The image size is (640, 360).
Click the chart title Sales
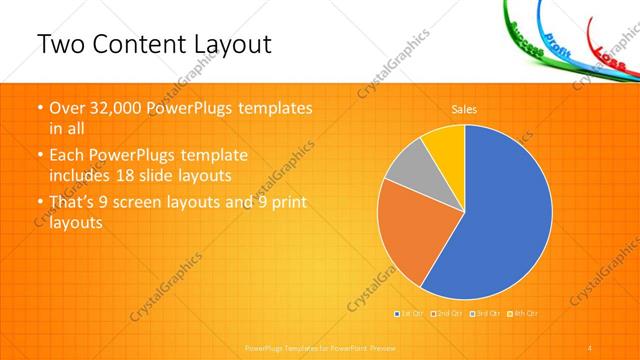point(464,108)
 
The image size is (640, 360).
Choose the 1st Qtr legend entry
point(410,314)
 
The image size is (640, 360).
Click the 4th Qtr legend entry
point(524,314)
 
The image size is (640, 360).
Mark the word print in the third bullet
point(288,203)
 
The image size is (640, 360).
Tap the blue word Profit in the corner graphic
point(559,46)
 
